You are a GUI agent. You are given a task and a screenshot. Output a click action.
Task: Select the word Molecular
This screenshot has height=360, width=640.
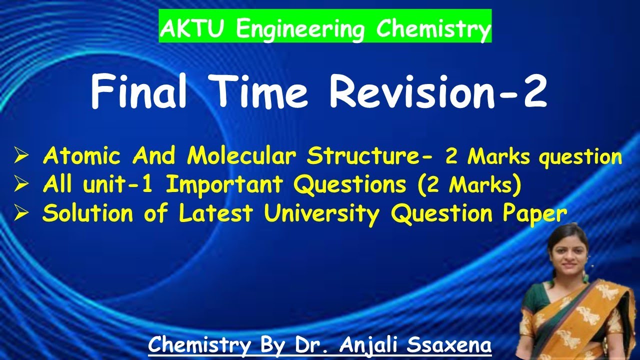(244, 156)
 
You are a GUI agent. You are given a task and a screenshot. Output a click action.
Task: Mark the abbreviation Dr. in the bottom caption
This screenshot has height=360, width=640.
(315, 345)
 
